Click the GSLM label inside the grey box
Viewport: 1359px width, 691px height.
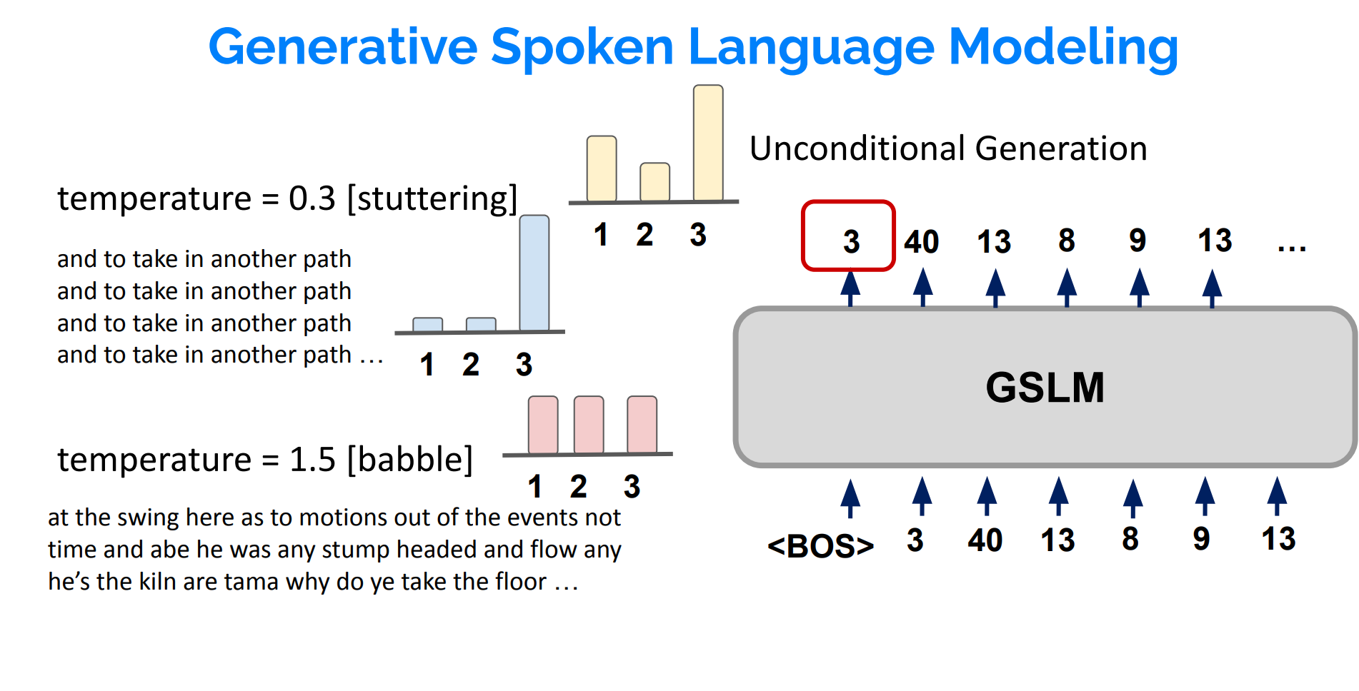point(1045,388)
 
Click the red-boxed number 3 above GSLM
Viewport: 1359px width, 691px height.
point(850,241)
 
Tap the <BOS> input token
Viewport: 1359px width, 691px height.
point(820,546)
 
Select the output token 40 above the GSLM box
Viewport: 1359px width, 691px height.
point(921,241)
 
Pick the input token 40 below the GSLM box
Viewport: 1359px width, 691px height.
point(985,540)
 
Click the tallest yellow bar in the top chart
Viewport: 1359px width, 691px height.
point(708,143)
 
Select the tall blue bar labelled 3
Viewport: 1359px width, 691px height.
point(534,273)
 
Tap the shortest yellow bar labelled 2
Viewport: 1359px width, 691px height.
point(654,182)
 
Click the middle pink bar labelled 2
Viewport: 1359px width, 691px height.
point(589,425)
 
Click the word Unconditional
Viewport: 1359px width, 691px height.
point(857,148)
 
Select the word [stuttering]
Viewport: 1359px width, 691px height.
point(432,198)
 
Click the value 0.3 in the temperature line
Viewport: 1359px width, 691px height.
point(312,198)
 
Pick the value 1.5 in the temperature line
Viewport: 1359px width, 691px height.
point(312,459)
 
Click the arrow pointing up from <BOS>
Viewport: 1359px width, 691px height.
point(850,497)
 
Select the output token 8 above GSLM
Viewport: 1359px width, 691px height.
point(1066,241)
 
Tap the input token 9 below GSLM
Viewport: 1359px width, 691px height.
point(1201,539)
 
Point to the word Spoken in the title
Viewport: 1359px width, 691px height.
point(582,47)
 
